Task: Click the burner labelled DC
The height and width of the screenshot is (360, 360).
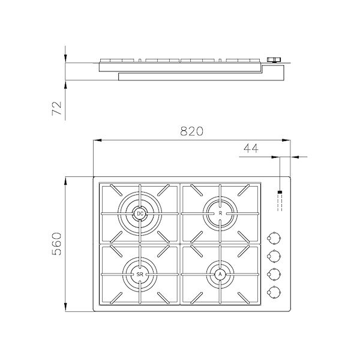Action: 139,213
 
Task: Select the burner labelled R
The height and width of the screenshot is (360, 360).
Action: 220,213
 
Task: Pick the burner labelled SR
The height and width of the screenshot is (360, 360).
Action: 139,274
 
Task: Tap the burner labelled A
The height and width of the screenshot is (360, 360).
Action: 220,274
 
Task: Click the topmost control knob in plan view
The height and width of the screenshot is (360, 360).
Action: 275,236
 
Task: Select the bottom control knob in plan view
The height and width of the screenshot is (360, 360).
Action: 275,292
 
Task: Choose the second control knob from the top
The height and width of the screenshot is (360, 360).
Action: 275,255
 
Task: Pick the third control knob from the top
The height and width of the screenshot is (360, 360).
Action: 275,274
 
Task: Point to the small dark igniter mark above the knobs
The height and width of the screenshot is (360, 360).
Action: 280,193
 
